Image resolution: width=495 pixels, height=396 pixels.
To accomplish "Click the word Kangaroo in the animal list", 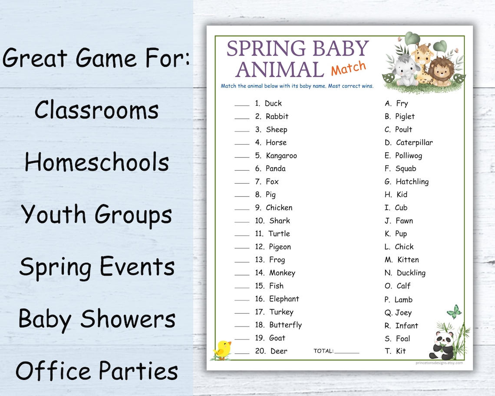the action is click(x=281, y=156).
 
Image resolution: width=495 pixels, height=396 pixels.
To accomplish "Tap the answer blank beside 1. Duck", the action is click(x=242, y=106).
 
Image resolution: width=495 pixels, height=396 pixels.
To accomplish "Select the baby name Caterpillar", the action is click(x=414, y=143).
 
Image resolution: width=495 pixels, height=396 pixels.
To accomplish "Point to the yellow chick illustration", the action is click(x=223, y=350).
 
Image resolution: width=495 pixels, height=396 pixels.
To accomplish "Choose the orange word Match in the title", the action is click(x=349, y=68).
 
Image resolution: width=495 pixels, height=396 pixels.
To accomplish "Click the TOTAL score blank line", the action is click(x=346, y=353).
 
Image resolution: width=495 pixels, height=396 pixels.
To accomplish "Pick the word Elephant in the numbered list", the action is click(x=284, y=299).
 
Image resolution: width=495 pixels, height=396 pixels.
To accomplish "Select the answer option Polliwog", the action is click(x=409, y=156).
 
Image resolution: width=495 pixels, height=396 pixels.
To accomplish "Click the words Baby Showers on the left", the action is click(x=97, y=319).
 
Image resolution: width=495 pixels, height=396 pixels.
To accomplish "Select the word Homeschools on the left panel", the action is click(x=97, y=162).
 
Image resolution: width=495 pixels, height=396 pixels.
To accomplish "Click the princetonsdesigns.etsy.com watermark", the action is click(x=439, y=363).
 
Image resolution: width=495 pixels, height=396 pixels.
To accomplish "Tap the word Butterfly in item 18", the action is click(x=285, y=325).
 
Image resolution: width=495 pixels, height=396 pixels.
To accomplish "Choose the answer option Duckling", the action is click(x=411, y=273).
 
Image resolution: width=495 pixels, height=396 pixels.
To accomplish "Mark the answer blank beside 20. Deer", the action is click(x=242, y=353).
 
